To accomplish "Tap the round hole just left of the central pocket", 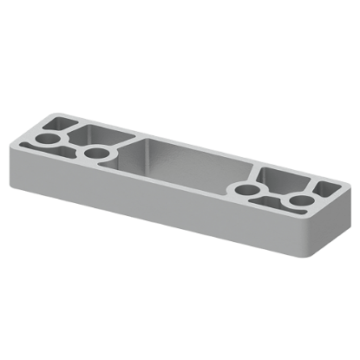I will [x=95, y=154].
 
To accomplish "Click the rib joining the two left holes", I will [x=73, y=145].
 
